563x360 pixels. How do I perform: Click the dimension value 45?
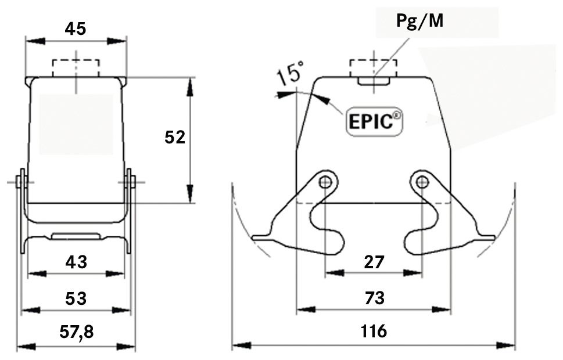76,28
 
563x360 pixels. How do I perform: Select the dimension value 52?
174,137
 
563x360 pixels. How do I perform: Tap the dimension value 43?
76,262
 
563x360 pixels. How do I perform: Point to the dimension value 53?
76,298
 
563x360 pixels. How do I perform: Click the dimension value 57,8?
76,332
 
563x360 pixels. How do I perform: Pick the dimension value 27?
374,262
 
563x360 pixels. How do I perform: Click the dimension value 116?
374,332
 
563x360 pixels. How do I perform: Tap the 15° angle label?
289,75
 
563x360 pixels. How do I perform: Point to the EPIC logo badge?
375,122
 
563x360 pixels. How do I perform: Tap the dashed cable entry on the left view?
76,68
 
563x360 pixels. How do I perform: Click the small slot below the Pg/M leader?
373,81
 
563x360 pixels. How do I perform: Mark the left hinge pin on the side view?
21,182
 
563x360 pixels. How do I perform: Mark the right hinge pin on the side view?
130,182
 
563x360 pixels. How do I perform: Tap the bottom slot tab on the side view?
76,236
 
